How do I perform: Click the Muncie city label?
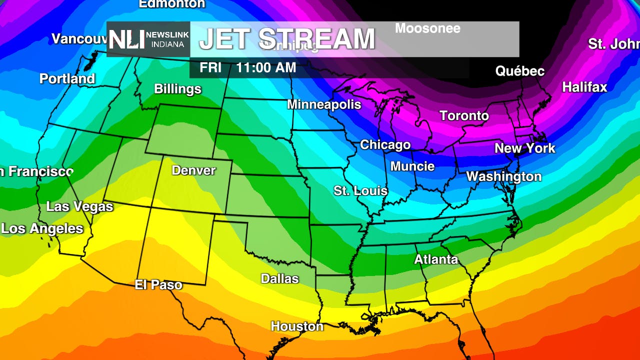[412, 166]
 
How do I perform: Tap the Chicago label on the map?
[385, 145]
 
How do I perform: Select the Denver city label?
[193, 170]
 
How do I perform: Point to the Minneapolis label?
[323, 104]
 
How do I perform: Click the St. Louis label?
[360, 191]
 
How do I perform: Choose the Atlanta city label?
[436, 259]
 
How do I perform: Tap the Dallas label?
[279, 279]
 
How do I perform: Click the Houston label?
[297, 326]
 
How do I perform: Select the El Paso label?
[158, 285]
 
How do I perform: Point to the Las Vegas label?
[79, 206]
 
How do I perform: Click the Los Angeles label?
[42, 229]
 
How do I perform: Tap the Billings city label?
[177, 89]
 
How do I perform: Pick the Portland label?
[67, 79]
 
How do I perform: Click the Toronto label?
[464, 116]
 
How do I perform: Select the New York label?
[524, 148]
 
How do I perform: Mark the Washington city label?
[503, 176]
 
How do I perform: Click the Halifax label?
[584, 87]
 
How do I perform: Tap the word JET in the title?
[225, 39]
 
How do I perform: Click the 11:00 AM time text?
[266, 68]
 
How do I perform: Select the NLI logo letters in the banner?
[126, 39]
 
